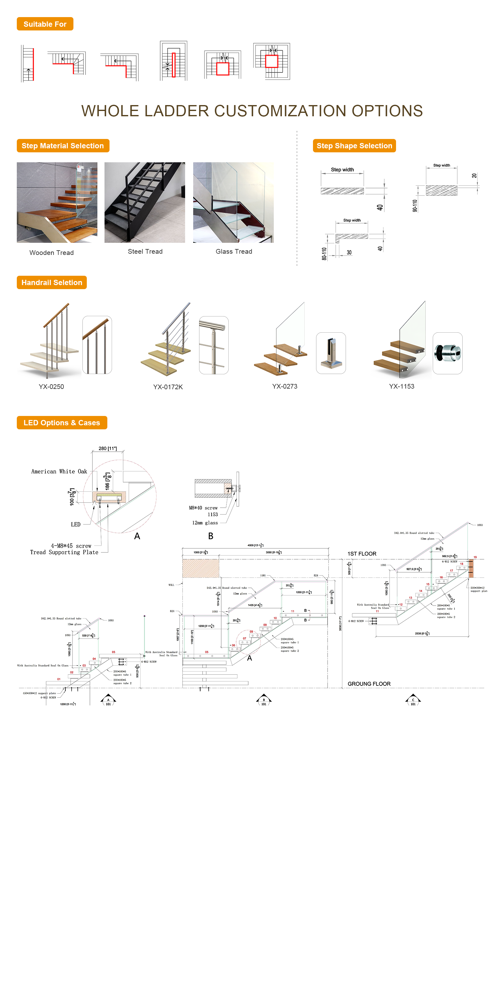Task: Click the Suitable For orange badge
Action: pos(45,24)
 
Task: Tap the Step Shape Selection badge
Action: pos(354,146)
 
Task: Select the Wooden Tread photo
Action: pos(57,202)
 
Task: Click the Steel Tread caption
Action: pos(145,252)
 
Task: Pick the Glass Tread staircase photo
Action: pos(233,202)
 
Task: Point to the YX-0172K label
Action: pos(168,387)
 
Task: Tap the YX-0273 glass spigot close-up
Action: pos(331,353)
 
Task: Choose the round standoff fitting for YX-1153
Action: pos(447,353)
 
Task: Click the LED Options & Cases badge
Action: pos(62,422)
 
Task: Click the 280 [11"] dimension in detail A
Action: pos(107,448)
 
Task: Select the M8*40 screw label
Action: pos(203,508)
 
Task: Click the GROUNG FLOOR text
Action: pos(369,684)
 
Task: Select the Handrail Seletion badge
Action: pos(52,283)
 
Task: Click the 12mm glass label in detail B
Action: pos(205,523)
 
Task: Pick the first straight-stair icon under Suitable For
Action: pos(27,63)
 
